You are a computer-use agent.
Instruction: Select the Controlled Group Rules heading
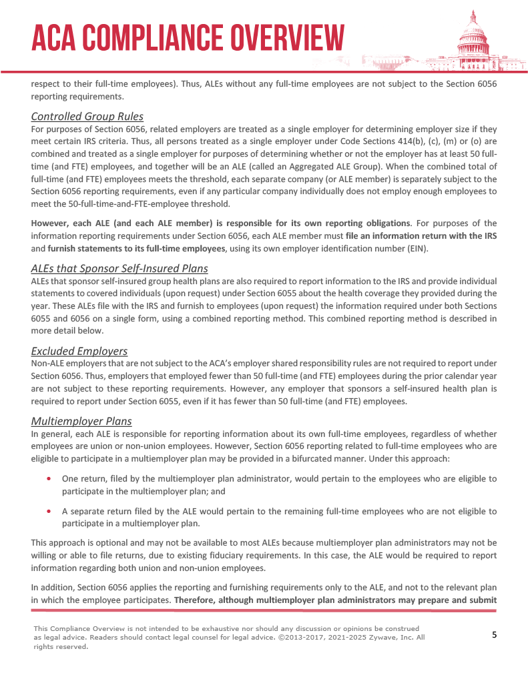click(87, 117)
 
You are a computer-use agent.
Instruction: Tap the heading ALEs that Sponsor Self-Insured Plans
click(119, 269)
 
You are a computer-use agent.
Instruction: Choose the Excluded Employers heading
click(79, 352)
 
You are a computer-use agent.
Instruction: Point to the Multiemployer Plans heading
click(81, 422)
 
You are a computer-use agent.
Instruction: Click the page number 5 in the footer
click(494, 634)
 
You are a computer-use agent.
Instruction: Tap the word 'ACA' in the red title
click(55, 37)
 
